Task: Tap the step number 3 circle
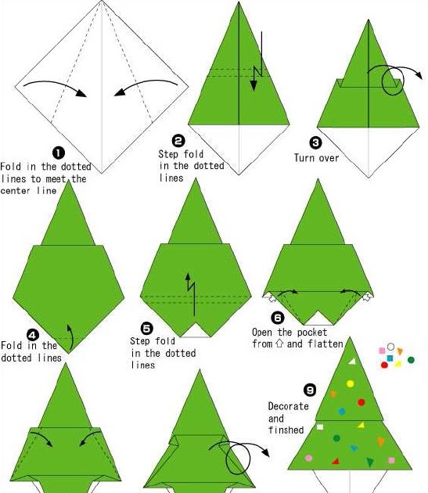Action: pos(315,142)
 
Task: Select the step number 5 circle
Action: pos(147,329)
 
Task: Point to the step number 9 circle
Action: pos(309,390)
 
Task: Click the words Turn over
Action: pos(315,157)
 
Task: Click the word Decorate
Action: pos(289,406)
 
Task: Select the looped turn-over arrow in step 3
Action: pos(393,81)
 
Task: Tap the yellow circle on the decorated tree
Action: pos(350,383)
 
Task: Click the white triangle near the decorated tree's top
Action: pos(352,361)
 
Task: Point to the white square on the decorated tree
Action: pos(320,426)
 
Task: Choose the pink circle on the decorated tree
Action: pos(308,458)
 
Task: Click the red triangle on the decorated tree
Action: pos(336,462)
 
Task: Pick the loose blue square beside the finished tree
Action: pos(390,358)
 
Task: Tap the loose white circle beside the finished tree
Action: pos(390,347)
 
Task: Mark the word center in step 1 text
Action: pos(17,190)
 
